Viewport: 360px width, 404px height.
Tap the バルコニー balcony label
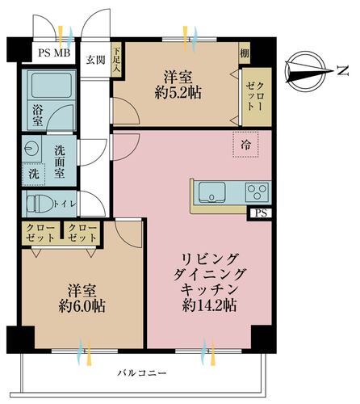(x=141, y=373)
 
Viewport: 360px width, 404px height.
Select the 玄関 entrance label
(x=96, y=59)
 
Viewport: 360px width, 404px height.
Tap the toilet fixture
(x=39, y=203)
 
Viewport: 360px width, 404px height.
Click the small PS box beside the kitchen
(x=259, y=213)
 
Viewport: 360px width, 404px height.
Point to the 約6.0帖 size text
(x=82, y=307)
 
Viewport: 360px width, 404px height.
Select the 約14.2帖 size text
(x=207, y=305)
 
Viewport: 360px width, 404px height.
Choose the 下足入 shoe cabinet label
(x=116, y=59)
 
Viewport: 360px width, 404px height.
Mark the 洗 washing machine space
(x=33, y=175)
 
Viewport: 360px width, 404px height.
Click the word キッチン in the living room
(x=208, y=288)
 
